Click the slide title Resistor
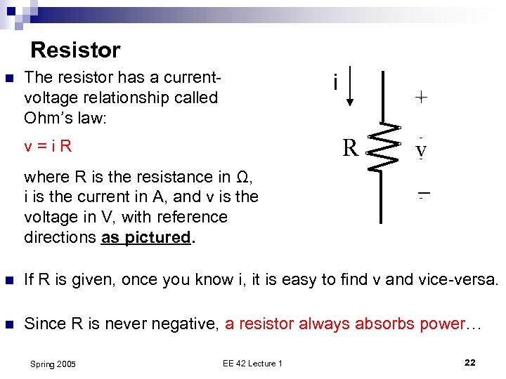pyautogui.click(x=75, y=51)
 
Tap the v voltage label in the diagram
pyautogui.click(x=420, y=150)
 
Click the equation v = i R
pyautogui.click(x=48, y=147)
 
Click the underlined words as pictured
pyautogui.click(x=146, y=237)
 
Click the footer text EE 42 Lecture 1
pyautogui.click(x=252, y=363)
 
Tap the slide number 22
pyautogui.click(x=470, y=362)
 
